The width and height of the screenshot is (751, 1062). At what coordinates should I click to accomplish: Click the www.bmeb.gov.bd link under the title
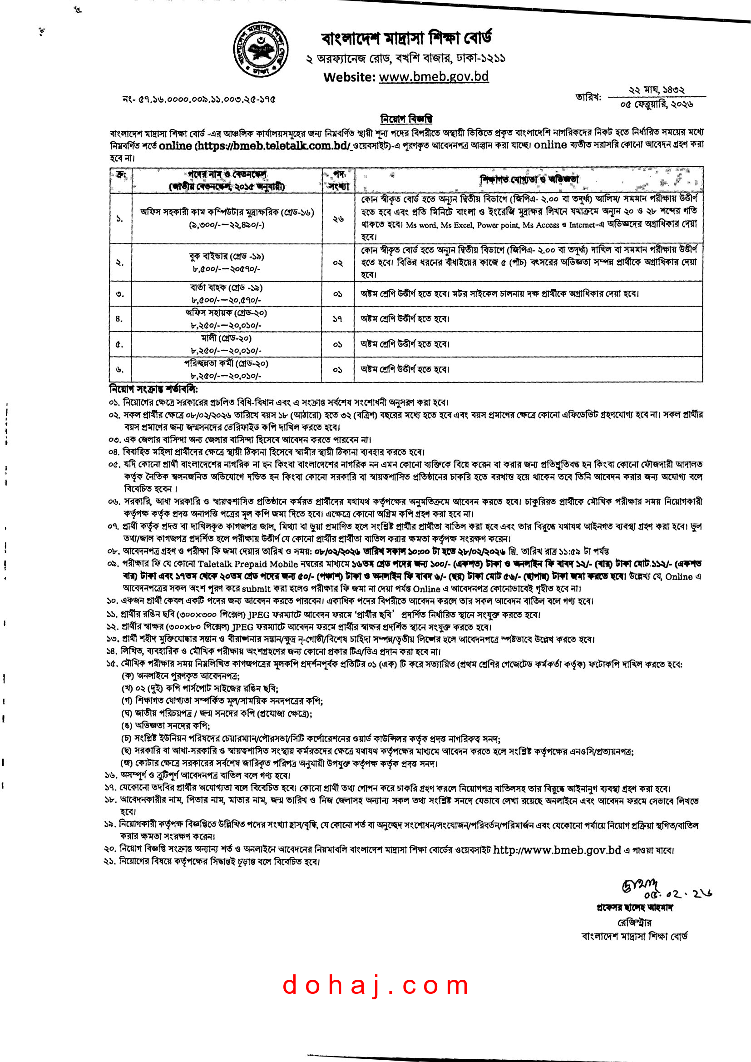click(x=433, y=76)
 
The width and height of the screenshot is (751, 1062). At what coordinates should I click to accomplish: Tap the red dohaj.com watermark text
click(x=375, y=985)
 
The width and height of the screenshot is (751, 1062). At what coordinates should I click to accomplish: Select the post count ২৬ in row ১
click(x=338, y=219)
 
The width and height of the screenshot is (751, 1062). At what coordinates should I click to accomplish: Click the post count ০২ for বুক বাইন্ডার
click(x=338, y=263)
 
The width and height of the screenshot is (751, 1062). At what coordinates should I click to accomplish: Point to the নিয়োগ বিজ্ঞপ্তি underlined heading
click(x=406, y=119)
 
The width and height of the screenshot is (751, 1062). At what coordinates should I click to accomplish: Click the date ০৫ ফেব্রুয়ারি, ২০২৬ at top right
click(x=657, y=104)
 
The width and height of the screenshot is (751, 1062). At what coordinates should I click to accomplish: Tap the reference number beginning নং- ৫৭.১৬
click(x=199, y=99)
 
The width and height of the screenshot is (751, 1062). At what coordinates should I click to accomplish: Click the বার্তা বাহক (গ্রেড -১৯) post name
click(x=226, y=288)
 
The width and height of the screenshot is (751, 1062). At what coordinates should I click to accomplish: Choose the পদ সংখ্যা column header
click(x=339, y=180)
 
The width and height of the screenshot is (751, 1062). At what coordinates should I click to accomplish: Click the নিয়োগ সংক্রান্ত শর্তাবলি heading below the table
click(x=153, y=389)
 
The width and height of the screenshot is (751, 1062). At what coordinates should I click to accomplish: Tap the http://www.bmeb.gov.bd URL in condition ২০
click(x=557, y=850)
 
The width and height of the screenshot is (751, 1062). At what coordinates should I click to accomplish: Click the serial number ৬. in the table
click(x=119, y=369)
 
